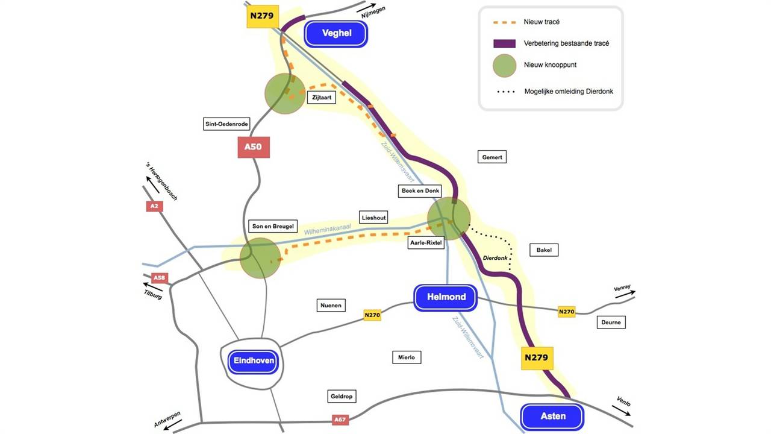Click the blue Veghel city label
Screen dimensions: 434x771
coord(336,34)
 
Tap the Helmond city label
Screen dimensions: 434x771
coord(446,297)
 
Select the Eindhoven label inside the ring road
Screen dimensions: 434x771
coord(252,361)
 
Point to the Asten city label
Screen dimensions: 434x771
coord(552,416)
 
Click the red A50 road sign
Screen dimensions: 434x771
coord(254,147)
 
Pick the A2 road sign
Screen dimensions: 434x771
coord(154,206)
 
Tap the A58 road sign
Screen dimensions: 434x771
coord(159,278)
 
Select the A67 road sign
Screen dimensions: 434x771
coord(340,420)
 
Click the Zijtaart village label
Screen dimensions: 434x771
coord(322,97)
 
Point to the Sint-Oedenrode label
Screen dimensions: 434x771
coord(226,124)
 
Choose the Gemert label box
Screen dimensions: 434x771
coord(492,157)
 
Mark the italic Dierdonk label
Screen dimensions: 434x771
coord(496,258)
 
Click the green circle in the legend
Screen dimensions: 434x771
coord(504,66)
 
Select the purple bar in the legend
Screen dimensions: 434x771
coord(504,43)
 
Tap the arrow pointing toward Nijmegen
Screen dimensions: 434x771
coord(366,10)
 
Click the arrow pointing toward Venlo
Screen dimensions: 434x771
coord(622,410)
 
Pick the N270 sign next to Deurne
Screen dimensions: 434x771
coord(567,312)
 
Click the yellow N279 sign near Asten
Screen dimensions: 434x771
coord(537,357)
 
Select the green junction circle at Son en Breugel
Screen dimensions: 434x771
coord(260,258)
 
